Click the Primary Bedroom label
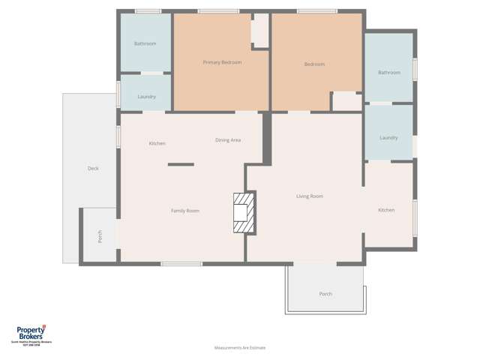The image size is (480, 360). pos(222,62)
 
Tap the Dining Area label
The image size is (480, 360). pos(227,140)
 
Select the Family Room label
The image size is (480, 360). pos(184,211)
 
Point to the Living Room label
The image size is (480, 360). pos(309,196)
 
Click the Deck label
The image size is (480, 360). pos(93,169)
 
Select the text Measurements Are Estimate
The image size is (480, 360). pos(239,347)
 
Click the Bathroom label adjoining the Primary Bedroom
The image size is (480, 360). pos(145,43)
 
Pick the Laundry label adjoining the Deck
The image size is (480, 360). pos(146,96)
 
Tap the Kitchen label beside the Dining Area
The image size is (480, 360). pos(157,143)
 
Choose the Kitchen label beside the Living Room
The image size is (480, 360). pos(385,210)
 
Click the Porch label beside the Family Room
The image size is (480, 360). pos(100,236)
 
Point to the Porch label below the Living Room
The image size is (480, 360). pos(325,293)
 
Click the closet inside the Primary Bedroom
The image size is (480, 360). pos(259,31)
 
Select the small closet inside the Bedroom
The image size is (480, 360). pos(346,100)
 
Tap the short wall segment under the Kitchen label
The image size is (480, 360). pos(181,164)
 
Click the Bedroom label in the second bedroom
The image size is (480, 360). pos(314,64)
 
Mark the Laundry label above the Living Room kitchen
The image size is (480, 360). pos(388,137)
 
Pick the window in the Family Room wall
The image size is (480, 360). pos(181,263)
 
